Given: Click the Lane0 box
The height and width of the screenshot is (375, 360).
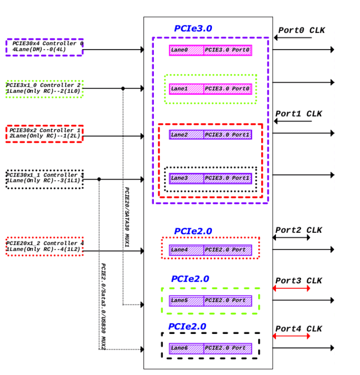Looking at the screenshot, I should tap(186, 50).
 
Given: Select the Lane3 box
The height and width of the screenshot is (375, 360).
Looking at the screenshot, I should tap(186, 178).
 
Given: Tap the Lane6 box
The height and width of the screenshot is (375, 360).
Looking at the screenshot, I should tap(186, 348).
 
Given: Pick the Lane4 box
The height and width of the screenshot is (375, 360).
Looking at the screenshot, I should tap(186, 250).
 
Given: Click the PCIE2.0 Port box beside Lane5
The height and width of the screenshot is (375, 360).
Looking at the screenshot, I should tap(228, 301).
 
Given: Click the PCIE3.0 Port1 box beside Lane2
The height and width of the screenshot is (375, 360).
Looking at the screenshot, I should tap(228, 135).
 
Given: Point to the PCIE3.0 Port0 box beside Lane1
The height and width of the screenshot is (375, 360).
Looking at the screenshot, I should tap(228, 89).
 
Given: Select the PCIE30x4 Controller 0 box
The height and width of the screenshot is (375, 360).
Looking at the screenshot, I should tap(44, 47).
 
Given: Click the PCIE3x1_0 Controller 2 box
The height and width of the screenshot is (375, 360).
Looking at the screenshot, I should tap(44, 88).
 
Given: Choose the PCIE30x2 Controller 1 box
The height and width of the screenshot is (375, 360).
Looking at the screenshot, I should tap(44, 134).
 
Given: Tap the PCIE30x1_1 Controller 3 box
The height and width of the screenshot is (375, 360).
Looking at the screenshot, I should tap(44, 178).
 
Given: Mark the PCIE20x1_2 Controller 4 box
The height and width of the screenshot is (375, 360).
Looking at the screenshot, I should tap(44, 246).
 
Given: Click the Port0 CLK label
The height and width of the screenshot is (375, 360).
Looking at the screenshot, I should tap(301, 30).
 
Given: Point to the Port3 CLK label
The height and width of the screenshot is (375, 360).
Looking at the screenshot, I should tap(298, 281).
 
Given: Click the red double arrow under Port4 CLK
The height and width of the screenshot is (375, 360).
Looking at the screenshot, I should tap(291, 336).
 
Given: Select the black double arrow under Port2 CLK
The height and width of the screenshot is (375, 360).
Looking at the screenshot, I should tap(291, 238).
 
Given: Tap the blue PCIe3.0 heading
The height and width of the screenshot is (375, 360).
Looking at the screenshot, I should tap(193, 29).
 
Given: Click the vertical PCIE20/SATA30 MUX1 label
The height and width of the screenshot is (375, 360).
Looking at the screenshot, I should tap(127, 219).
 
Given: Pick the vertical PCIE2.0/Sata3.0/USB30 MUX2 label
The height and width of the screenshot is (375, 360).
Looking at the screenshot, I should tap(103, 306).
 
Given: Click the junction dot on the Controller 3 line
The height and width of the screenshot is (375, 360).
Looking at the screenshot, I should tap(99, 179).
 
